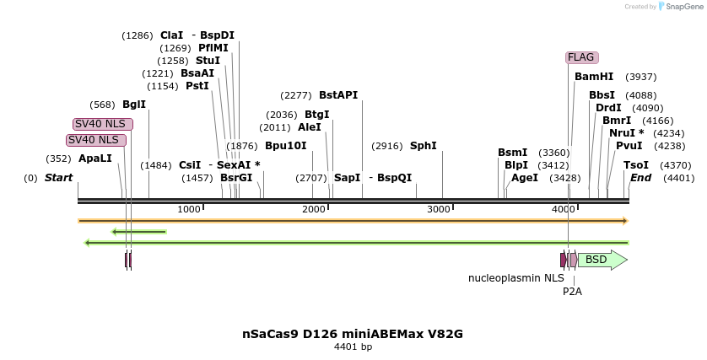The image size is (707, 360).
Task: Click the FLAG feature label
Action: [581, 57]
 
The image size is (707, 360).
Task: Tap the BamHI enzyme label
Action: [594, 77]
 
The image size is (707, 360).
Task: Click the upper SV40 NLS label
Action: [103, 124]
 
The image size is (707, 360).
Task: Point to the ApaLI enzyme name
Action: [95, 159]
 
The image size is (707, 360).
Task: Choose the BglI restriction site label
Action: [134, 105]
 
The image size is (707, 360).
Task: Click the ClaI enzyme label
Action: [171, 35]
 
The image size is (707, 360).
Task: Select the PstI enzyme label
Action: [197, 86]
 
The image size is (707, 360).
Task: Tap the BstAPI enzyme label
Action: [338, 95]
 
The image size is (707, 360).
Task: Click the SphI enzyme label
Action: [424, 146]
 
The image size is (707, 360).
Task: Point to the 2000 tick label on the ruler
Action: [314, 209]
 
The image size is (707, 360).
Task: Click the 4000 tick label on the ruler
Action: [564, 209]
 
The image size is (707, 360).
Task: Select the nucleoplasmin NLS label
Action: [516, 277]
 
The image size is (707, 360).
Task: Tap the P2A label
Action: [572, 292]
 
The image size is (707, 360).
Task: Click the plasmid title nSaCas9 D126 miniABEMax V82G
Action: [353, 334]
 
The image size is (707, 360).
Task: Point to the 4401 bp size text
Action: [353, 347]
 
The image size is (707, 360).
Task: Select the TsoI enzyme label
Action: [636, 165]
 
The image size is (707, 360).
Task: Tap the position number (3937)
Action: [641, 77]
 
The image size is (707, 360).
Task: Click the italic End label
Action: [640, 178]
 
